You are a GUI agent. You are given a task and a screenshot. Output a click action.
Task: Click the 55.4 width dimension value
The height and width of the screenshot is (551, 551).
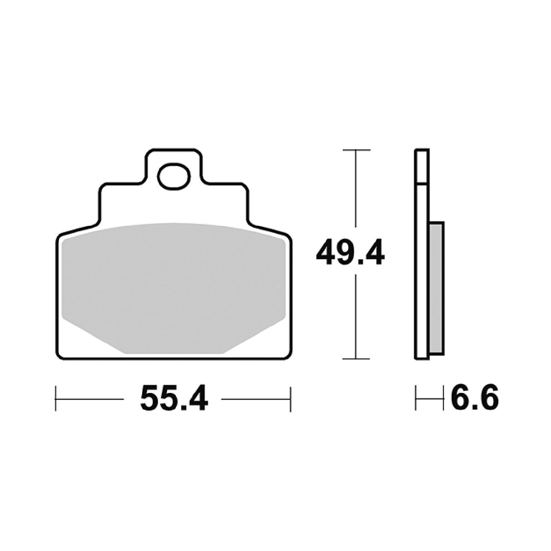click(x=174, y=399)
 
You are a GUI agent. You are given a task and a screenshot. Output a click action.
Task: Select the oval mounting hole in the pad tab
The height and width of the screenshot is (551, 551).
click(x=173, y=177)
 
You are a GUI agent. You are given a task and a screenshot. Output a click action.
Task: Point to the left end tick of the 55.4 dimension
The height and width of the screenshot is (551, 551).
click(x=56, y=399)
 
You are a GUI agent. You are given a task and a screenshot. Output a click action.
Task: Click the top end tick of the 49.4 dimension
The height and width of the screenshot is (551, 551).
click(x=356, y=150)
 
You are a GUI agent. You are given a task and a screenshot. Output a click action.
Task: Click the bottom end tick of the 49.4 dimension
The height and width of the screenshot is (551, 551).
click(x=356, y=359)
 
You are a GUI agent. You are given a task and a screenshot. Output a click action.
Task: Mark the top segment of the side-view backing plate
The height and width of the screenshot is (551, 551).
click(x=421, y=167)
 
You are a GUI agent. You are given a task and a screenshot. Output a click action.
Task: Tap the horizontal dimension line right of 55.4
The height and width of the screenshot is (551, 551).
click(x=256, y=399)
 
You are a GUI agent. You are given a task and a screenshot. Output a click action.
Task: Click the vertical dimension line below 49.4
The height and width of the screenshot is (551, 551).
click(x=356, y=318)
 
